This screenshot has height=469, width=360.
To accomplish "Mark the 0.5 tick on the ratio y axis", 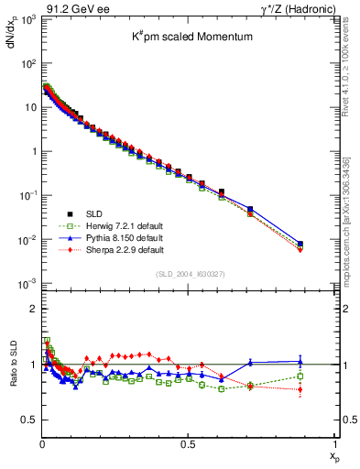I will tap(29, 420).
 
